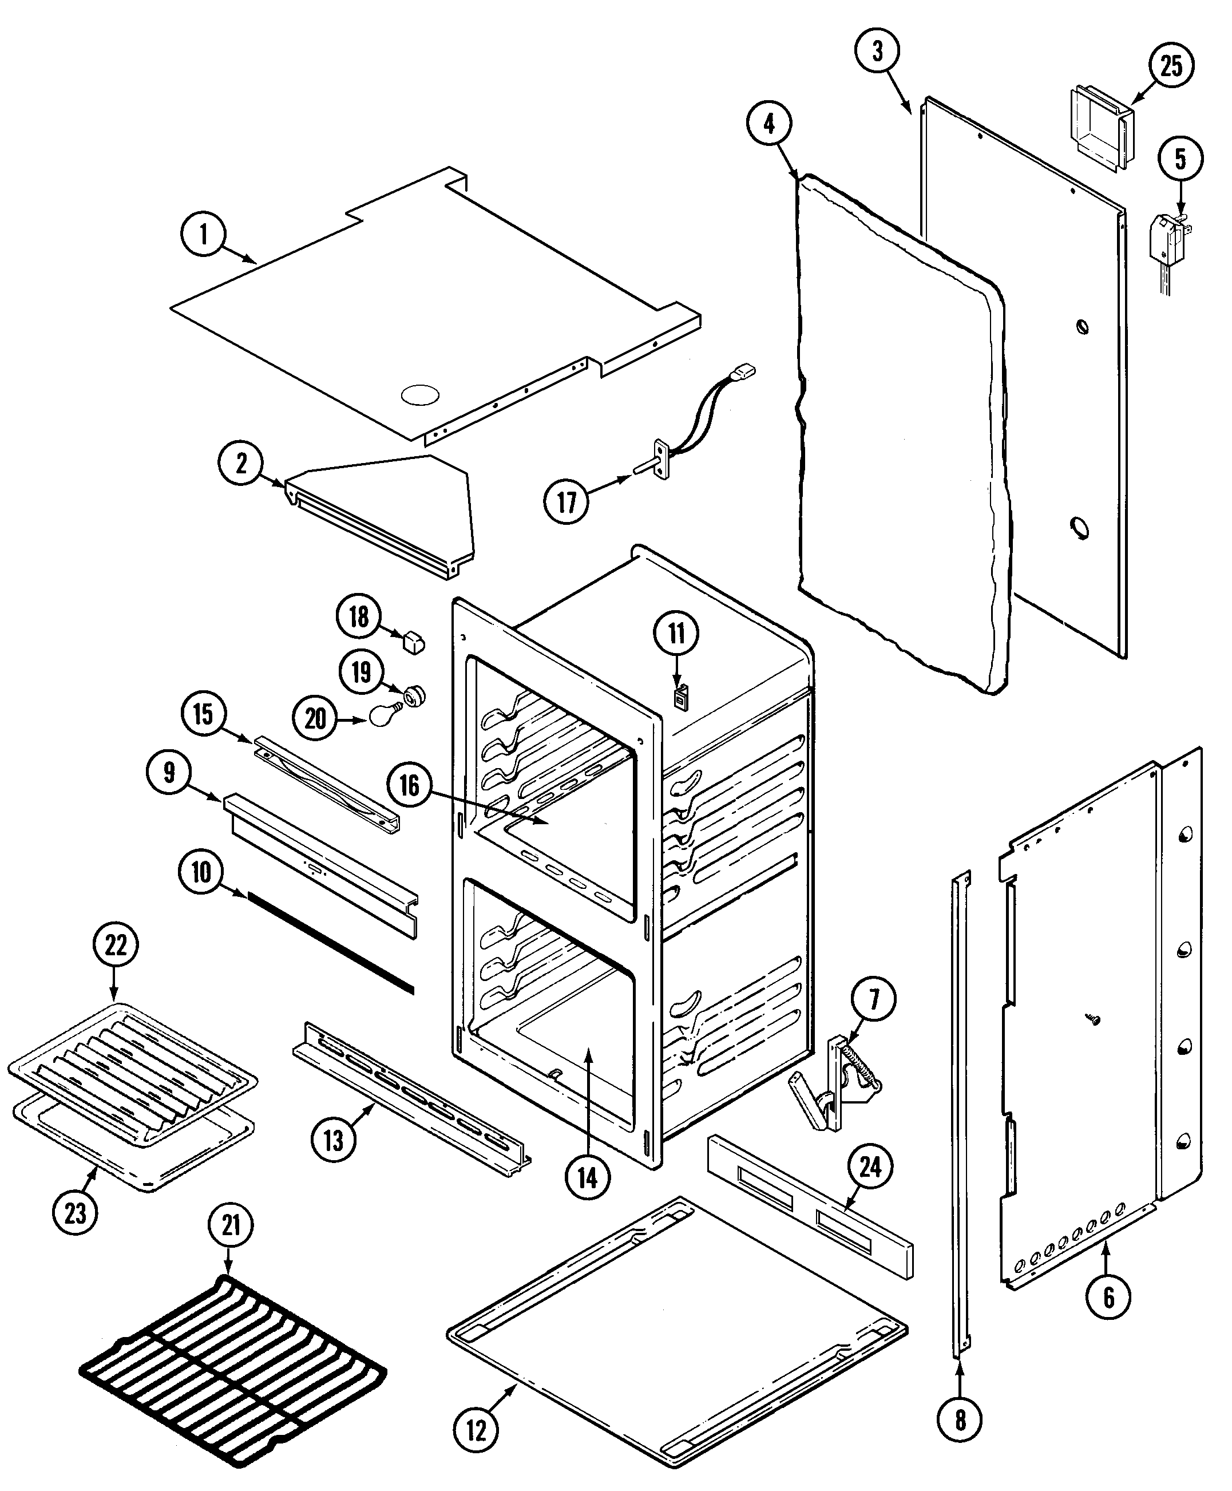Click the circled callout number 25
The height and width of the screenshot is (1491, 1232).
tap(1170, 65)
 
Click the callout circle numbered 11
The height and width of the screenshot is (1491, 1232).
tap(676, 632)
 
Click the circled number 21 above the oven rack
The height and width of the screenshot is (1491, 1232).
tap(231, 1225)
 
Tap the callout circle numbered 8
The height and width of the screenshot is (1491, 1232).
tap(960, 1400)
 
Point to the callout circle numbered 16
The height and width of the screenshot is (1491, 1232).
tap(410, 786)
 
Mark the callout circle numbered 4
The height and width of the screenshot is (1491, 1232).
tap(769, 124)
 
